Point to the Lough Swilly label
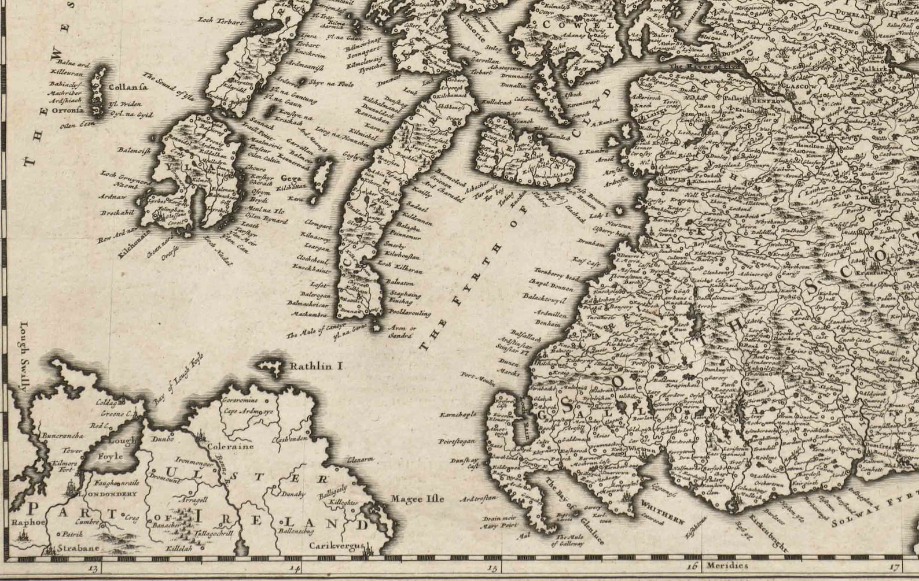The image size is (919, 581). tap(24, 356)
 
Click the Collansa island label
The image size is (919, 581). tap(128, 87)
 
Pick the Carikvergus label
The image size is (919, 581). tap(336, 545)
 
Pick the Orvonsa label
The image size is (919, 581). tap(67, 109)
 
